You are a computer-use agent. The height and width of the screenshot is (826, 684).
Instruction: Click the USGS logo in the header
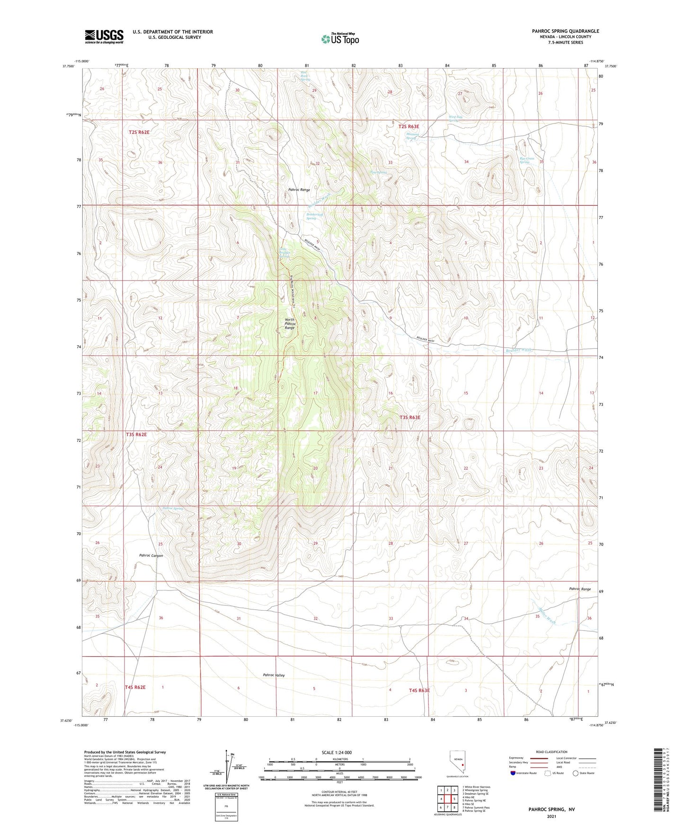104,36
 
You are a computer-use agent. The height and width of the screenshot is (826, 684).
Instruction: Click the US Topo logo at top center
340,39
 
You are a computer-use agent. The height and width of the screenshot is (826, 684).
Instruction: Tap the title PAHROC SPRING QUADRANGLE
565,31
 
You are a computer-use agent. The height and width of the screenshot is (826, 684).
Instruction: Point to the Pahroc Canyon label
151,555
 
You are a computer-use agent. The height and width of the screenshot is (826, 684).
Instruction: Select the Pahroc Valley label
274,675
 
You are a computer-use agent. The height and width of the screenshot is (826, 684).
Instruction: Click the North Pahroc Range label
289,324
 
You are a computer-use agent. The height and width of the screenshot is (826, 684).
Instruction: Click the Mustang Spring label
412,136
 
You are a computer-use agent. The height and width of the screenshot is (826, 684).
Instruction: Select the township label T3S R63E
409,417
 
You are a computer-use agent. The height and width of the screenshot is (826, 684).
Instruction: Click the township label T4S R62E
135,687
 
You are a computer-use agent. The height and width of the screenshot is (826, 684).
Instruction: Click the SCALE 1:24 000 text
337,752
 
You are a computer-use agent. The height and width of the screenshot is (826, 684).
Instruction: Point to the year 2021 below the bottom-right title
551,816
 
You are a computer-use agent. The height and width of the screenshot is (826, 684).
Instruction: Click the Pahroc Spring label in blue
172,509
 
